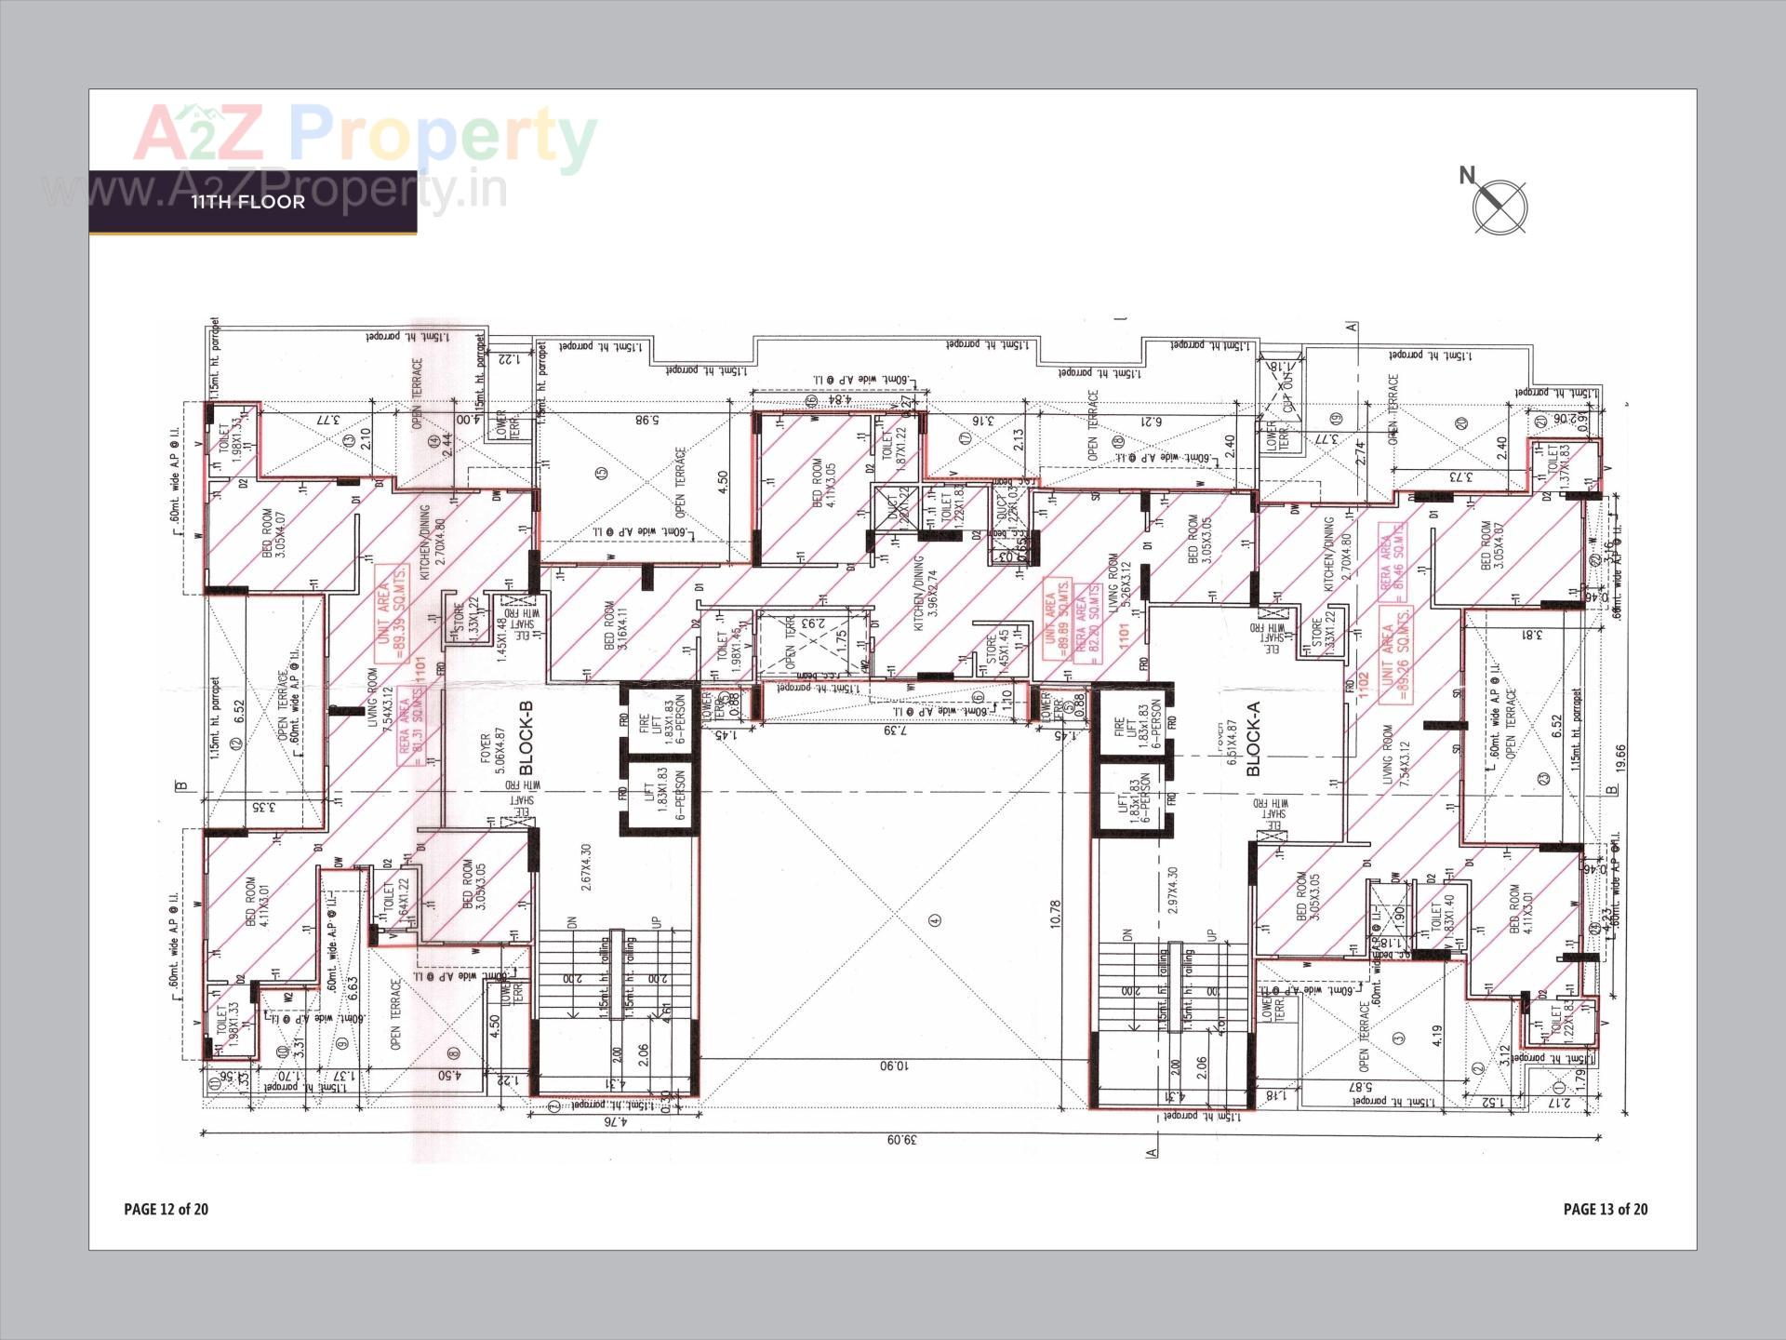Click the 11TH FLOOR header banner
[249, 202]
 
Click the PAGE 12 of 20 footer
[167, 1209]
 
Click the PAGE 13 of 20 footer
[1606, 1209]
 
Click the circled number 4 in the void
[935, 919]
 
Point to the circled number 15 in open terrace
[601, 473]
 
